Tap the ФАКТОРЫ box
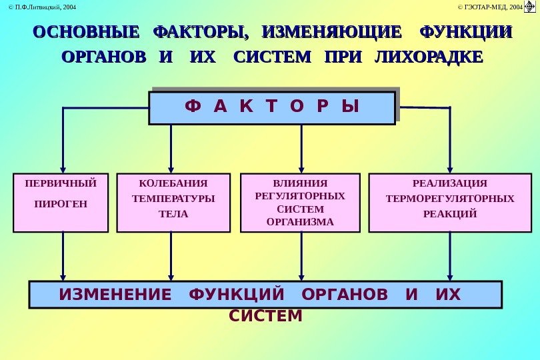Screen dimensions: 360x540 point(271,108)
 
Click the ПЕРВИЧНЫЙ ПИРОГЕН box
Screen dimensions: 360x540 point(61,203)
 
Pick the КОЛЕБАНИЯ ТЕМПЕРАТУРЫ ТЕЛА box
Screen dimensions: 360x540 point(173,203)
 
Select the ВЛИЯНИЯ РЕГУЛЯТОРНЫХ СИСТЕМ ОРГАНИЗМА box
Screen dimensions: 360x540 point(300,203)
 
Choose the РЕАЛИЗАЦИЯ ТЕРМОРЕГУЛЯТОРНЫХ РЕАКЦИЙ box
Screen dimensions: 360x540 point(450,203)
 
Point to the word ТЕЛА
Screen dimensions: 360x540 point(173,214)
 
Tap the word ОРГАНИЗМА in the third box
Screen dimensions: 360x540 point(300,222)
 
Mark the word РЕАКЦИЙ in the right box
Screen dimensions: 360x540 point(450,214)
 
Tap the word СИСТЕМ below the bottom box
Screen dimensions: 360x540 point(266,315)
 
